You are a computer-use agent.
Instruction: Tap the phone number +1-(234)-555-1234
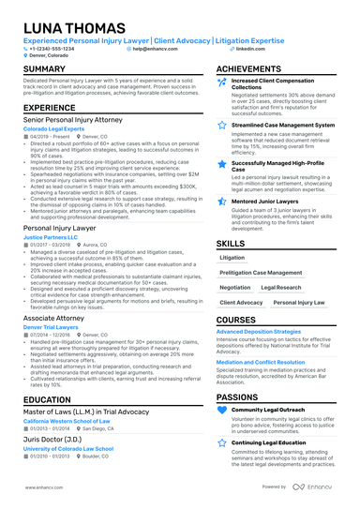(49, 48)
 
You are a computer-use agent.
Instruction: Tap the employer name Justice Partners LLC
(51, 238)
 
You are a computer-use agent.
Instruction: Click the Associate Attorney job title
(53, 319)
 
